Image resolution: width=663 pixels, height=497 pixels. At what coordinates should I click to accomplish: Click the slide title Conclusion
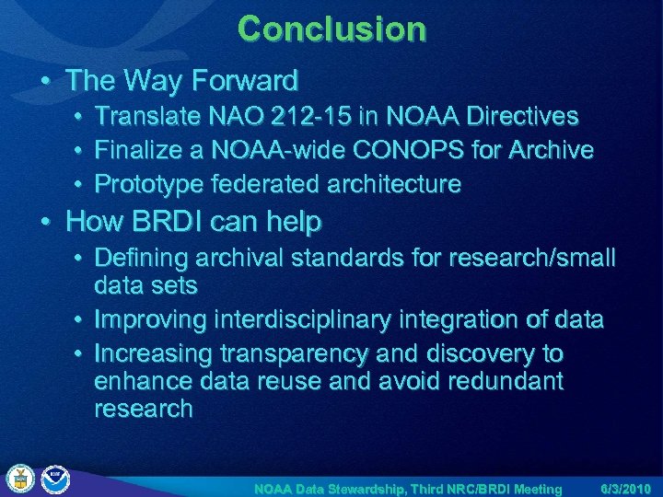pos(331,29)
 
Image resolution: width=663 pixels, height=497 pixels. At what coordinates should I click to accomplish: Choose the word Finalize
pos(146,150)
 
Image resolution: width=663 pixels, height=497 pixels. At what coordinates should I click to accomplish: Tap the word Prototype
pos(151,184)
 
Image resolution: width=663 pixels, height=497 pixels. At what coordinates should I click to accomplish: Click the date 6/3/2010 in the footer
pos(626,488)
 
